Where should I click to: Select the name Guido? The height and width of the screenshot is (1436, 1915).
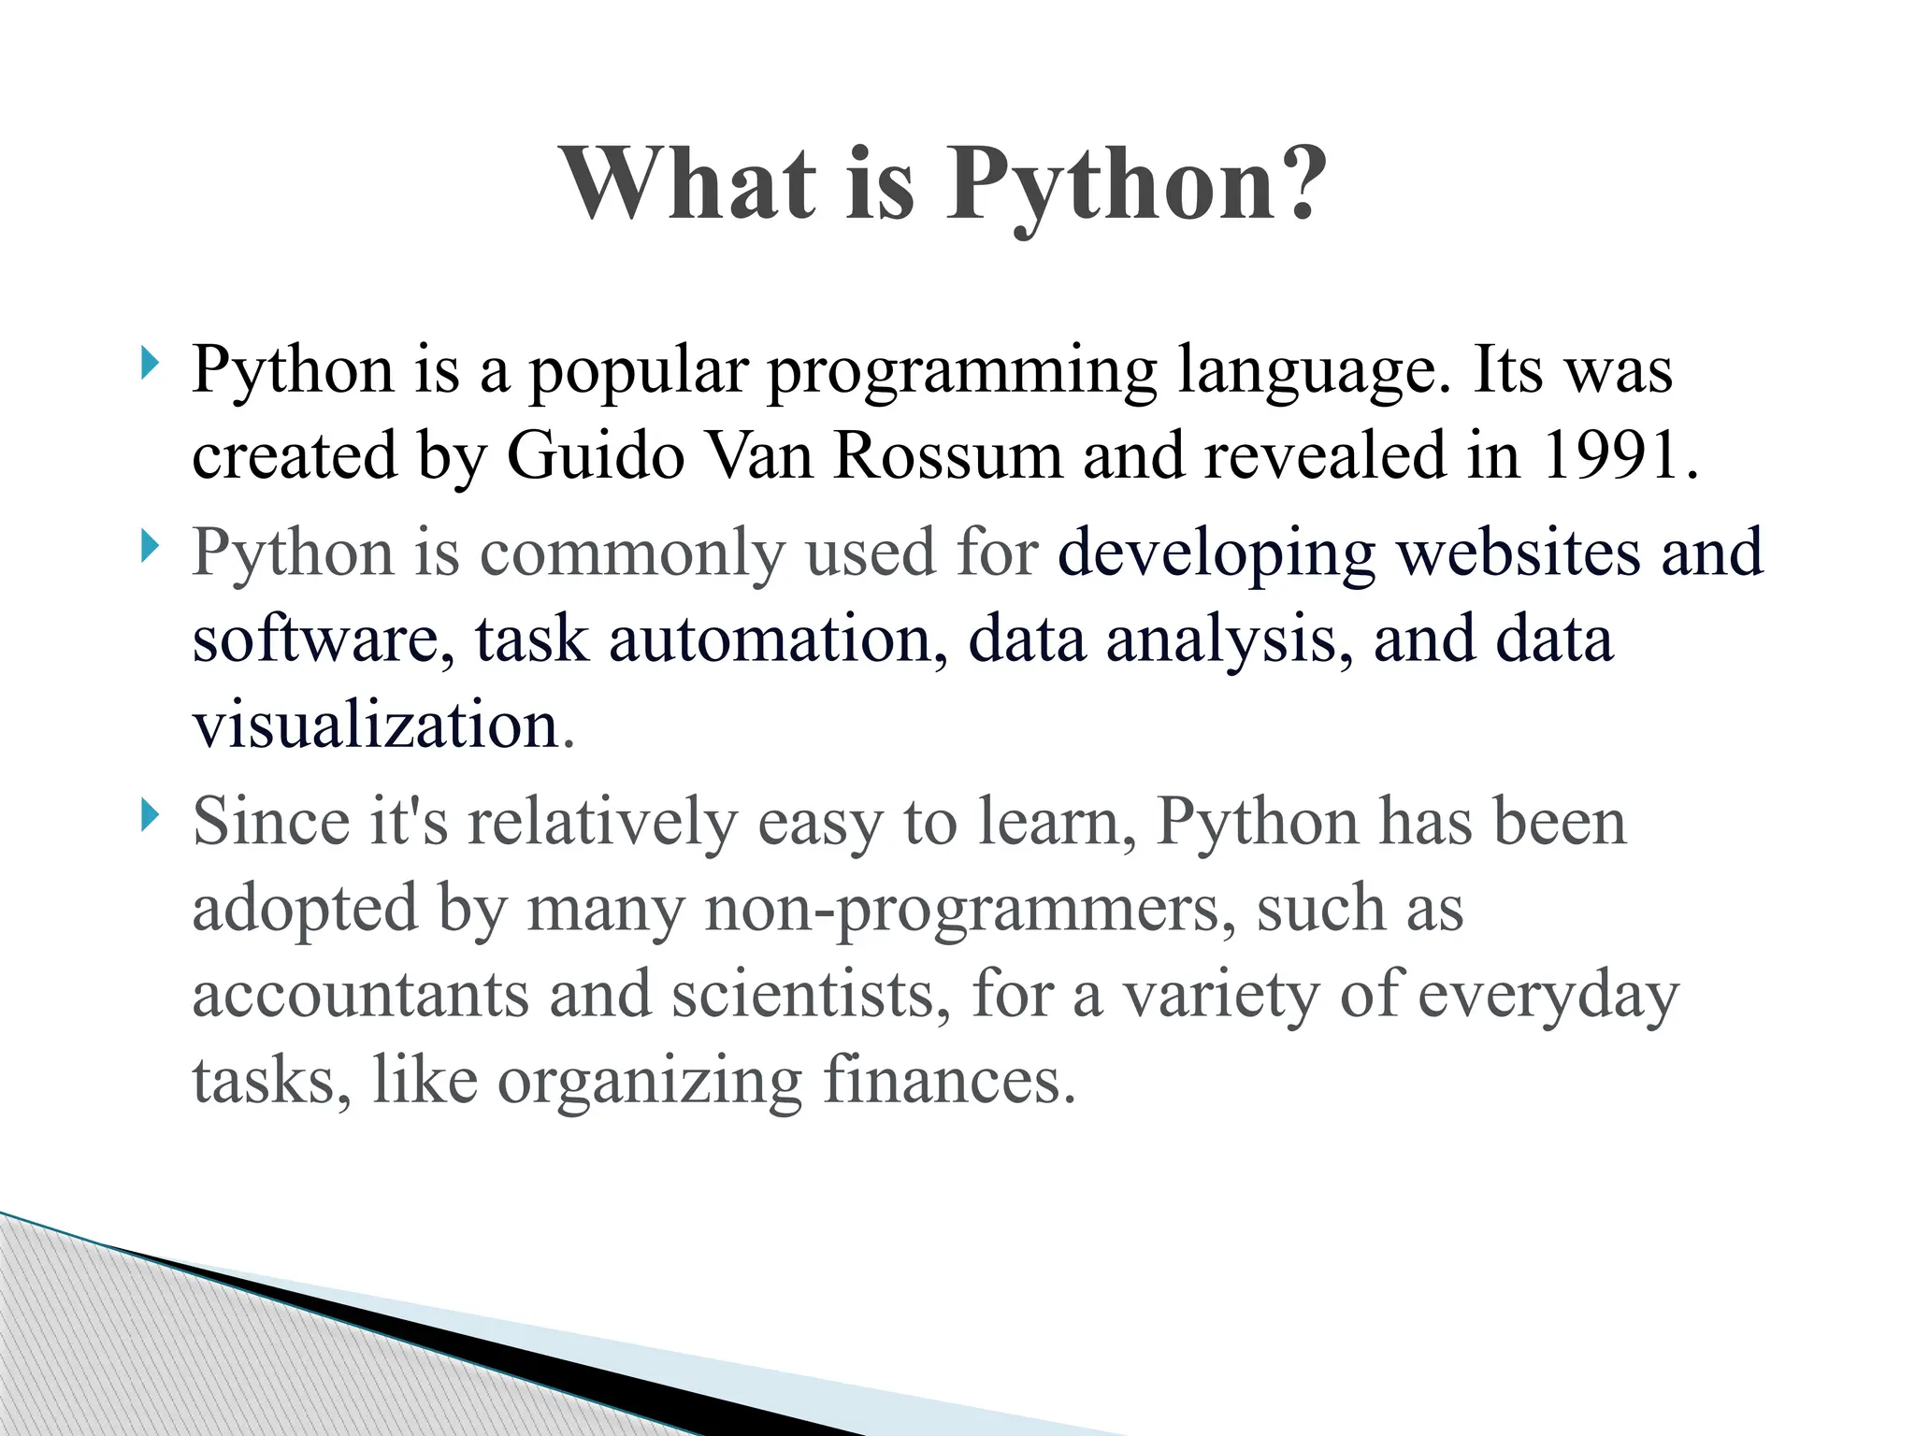tap(596, 455)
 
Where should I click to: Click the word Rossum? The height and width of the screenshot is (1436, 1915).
tap(947, 455)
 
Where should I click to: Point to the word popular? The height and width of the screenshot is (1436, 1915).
tap(639, 371)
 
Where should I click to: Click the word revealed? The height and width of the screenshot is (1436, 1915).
tap(1324, 455)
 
